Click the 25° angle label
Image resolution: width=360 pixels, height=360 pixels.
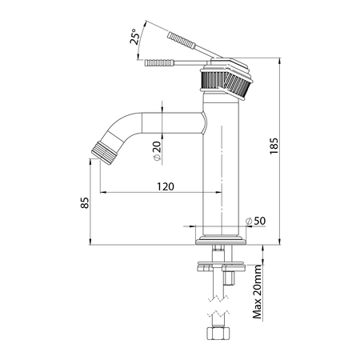click(x=134, y=37)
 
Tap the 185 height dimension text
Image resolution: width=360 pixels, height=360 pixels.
click(x=274, y=146)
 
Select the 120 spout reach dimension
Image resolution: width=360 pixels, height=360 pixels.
click(x=166, y=186)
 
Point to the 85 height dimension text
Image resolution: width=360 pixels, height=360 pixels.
click(x=85, y=202)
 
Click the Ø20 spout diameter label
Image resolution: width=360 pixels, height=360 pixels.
click(x=157, y=150)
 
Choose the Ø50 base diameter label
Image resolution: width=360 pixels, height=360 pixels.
click(x=255, y=221)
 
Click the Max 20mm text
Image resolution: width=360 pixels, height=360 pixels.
click(x=258, y=292)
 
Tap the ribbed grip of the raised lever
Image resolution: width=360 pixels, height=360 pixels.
click(x=182, y=40)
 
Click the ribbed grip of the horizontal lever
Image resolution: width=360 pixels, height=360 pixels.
click(x=159, y=63)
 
